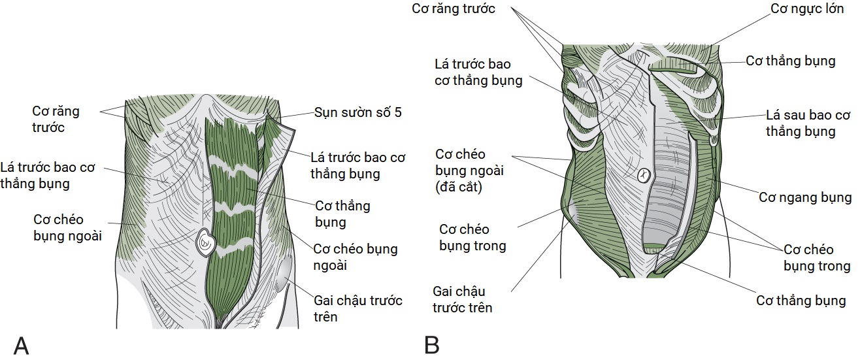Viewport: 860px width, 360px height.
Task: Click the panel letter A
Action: [21, 345]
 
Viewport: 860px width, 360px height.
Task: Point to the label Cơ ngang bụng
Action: [804, 197]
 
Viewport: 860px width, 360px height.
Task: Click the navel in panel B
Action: [643, 175]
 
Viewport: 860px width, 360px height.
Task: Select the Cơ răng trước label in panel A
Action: [56, 119]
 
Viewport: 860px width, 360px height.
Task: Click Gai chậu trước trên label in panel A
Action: [357, 308]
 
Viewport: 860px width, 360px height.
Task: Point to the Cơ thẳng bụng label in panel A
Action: [342, 214]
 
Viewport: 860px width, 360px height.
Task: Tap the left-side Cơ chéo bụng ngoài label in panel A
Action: [68, 227]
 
